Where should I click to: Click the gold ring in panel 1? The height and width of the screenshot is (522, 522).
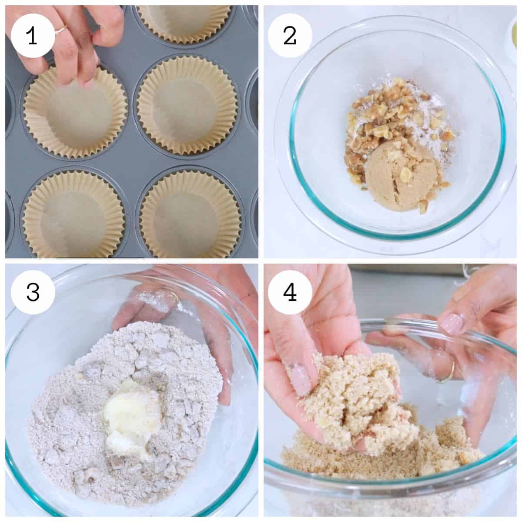(60, 30)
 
